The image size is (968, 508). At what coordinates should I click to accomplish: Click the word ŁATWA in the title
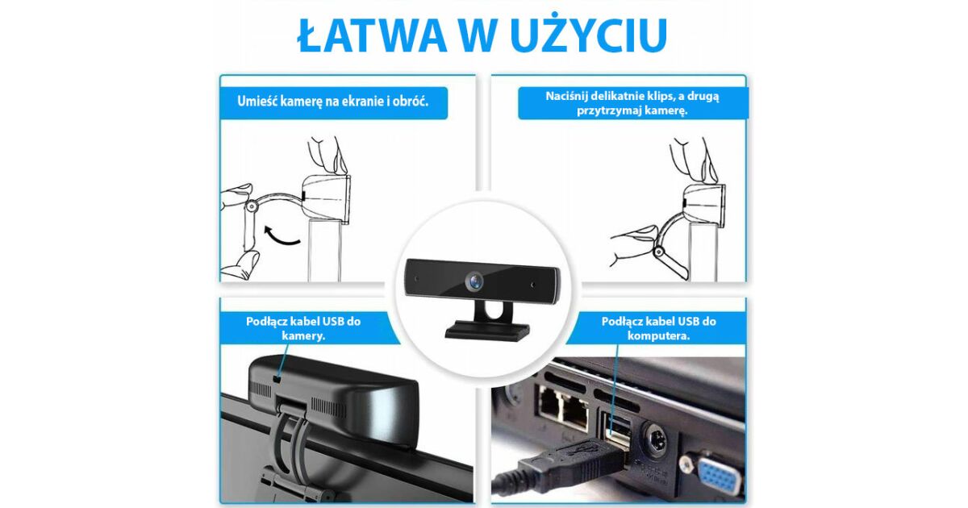pos(372,35)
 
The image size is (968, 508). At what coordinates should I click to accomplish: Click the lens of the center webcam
pos(474,281)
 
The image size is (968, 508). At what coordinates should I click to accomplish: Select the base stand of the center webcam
pos(487,331)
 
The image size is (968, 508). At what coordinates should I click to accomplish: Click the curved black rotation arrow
pos(281,237)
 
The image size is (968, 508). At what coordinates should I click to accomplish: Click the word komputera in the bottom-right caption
pos(658,336)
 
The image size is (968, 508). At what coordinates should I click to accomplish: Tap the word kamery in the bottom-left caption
pos(303,336)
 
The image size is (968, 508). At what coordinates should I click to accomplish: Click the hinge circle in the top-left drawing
pos(251,207)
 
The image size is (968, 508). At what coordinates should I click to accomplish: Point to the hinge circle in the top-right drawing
pos(658,252)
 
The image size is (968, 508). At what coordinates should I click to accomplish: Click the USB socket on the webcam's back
pos(277,380)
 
